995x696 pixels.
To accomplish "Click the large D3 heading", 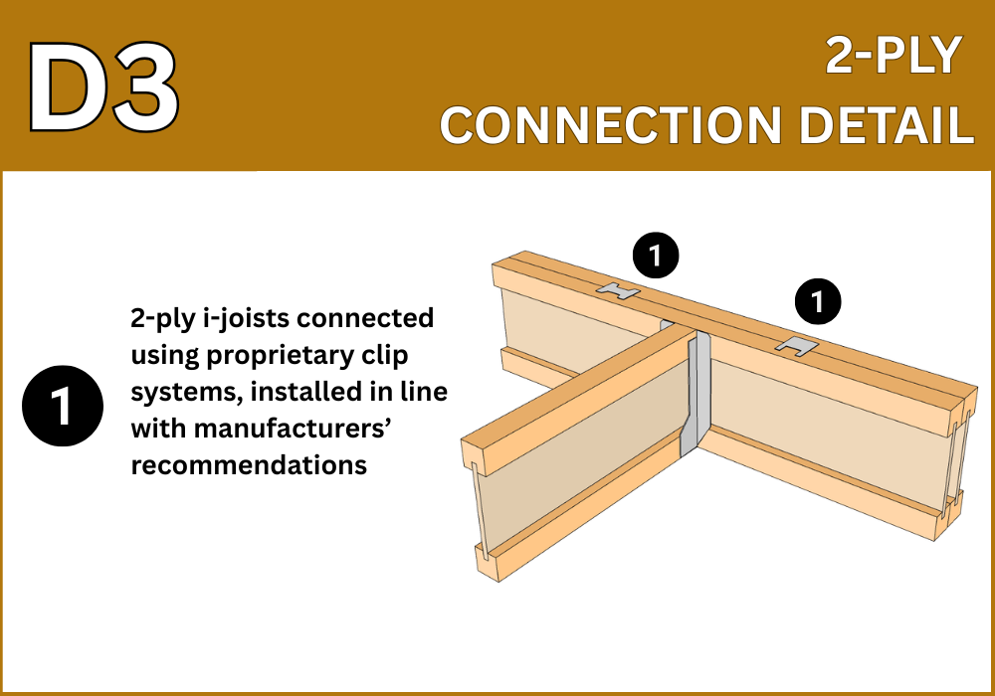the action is pyautogui.click(x=103, y=87).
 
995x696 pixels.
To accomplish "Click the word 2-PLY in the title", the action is pyautogui.click(x=894, y=56).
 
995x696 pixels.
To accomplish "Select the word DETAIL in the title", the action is pyautogui.click(x=887, y=125).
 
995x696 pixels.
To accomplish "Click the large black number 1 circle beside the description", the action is pyautogui.click(x=63, y=406).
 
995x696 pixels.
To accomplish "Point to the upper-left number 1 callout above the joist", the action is pyautogui.click(x=656, y=256).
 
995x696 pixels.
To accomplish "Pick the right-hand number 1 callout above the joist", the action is pyautogui.click(x=818, y=301).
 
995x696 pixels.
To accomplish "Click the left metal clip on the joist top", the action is pyautogui.click(x=618, y=290).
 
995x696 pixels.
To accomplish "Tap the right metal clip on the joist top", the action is pyautogui.click(x=796, y=346).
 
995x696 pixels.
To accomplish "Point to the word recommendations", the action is pyautogui.click(x=249, y=465).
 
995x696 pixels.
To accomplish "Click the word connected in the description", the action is pyautogui.click(x=365, y=317).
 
